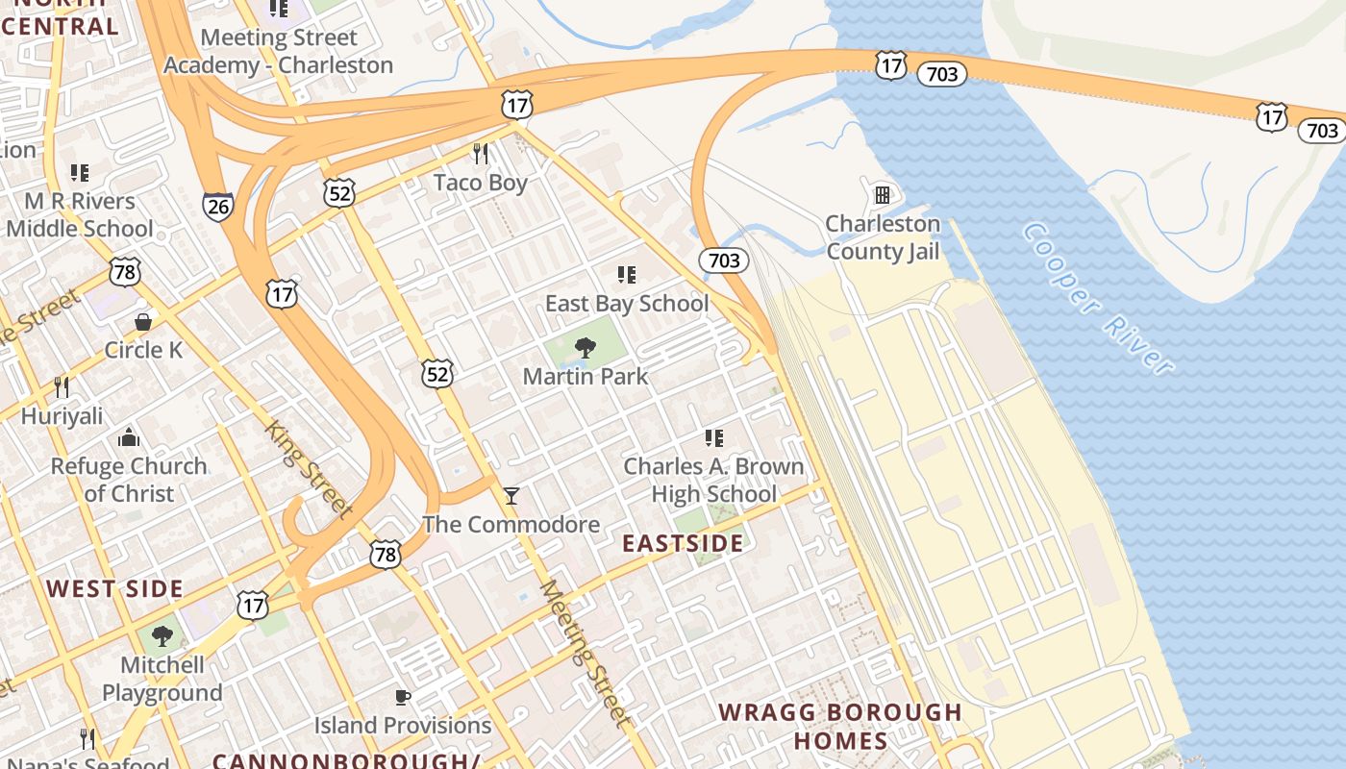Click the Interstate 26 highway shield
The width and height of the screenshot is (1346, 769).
coord(217,206)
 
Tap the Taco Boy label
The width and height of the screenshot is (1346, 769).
coord(480,183)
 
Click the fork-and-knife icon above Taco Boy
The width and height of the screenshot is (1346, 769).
coord(481,154)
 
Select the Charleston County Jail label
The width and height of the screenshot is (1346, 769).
coord(883,237)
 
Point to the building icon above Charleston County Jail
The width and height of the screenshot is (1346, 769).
coord(882,195)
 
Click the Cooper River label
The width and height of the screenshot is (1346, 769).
coord(1097,298)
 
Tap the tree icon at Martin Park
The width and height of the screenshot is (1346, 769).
coord(585,348)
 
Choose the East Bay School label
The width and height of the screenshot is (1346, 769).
coord(627,304)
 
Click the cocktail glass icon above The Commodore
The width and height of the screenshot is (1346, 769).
coord(511,496)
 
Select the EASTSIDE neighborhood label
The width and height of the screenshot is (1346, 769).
coord(683,544)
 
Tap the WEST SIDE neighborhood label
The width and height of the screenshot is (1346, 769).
coord(114,589)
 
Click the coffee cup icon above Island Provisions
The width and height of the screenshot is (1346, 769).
coord(403,697)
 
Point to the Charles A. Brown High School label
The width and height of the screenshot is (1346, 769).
coord(714,480)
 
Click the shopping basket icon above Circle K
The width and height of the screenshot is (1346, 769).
coord(143,321)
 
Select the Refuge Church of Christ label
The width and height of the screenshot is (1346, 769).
coord(129,480)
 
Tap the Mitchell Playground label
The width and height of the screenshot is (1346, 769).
coord(162,679)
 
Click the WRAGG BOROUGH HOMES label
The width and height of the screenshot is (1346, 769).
coord(840,727)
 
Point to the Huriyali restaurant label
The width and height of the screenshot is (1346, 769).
coord(62,416)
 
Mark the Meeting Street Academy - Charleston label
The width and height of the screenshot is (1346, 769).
coord(279,52)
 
